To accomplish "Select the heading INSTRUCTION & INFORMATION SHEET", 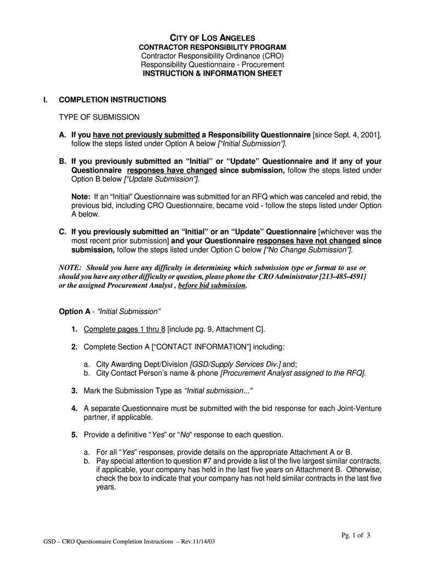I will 212,73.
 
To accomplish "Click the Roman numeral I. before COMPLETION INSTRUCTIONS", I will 46,100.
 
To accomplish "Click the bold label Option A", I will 74,311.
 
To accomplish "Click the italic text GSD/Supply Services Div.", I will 235,364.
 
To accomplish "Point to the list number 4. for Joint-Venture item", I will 73,409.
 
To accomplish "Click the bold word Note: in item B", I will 81,196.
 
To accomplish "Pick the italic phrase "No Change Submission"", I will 308,249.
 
